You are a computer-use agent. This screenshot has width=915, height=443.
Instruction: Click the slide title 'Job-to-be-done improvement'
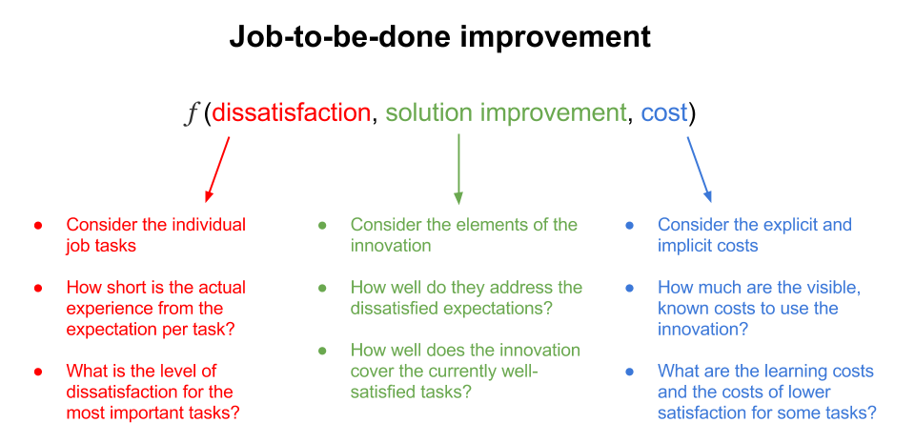[439, 37]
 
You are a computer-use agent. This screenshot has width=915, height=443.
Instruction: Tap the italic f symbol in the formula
[191, 113]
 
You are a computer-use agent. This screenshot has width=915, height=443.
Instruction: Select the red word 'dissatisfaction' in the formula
[291, 112]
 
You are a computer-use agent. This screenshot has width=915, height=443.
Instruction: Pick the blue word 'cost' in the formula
[664, 113]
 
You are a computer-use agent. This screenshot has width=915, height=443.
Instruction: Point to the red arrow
[217, 170]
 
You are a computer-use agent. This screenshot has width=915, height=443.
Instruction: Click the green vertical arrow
[458, 169]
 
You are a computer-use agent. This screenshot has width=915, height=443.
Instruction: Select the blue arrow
[700, 170]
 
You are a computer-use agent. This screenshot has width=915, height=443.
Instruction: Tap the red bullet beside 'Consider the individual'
[38, 226]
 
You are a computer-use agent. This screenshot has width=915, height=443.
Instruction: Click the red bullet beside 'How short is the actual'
[38, 289]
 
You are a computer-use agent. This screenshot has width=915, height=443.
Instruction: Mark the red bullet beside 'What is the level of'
[38, 372]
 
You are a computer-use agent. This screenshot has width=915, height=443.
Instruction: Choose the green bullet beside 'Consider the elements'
[322, 226]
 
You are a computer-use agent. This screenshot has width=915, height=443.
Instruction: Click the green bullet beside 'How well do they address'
[322, 289]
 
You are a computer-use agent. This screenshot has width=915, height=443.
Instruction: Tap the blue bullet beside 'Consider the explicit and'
[629, 226]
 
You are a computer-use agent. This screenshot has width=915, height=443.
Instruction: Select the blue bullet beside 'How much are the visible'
[629, 289]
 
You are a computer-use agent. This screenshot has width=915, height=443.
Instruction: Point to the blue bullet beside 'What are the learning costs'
[629, 372]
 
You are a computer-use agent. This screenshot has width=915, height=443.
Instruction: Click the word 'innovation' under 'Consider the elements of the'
[391, 246]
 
